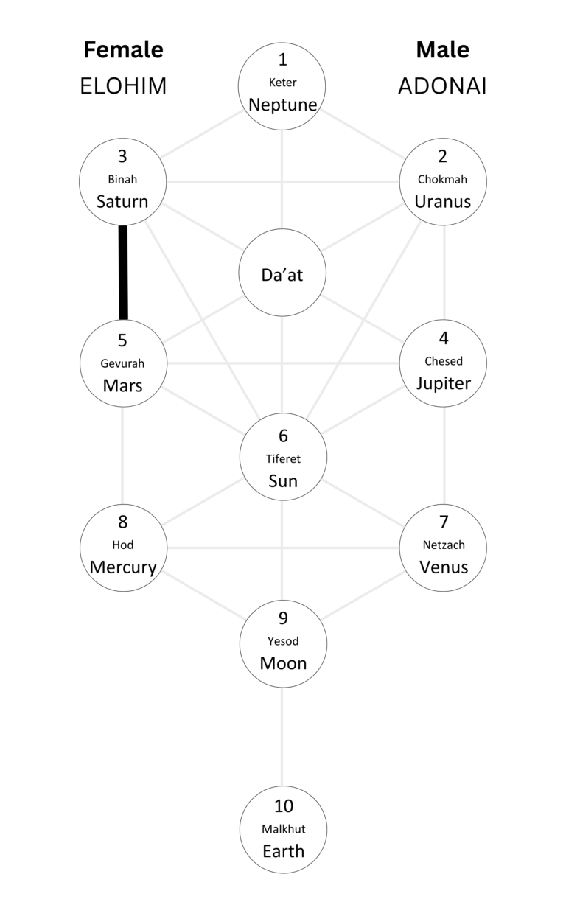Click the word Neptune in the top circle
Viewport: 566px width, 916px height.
[x=283, y=105]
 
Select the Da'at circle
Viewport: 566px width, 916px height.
[x=283, y=274]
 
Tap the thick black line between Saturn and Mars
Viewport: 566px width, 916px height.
[x=123, y=273]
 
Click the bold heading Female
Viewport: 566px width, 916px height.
[x=123, y=50]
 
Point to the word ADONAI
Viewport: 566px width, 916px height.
[x=442, y=86]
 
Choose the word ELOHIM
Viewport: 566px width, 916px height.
[x=123, y=86]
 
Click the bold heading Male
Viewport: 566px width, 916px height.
[x=442, y=50]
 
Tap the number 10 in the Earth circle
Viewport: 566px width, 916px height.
[x=283, y=807]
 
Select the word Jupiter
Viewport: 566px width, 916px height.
[x=443, y=383]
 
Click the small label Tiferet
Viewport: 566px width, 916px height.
[x=283, y=458]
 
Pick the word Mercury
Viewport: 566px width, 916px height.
[x=123, y=567]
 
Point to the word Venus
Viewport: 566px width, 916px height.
[x=443, y=567]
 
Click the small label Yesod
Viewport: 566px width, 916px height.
[x=283, y=641]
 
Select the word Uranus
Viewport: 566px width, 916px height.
[x=442, y=201]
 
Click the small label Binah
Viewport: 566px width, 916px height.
[x=123, y=179]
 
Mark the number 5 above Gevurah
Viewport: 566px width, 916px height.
[x=123, y=340]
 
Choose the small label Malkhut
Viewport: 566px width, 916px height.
[x=283, y=829]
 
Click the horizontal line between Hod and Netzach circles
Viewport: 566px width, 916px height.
[x=283, y=548]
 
